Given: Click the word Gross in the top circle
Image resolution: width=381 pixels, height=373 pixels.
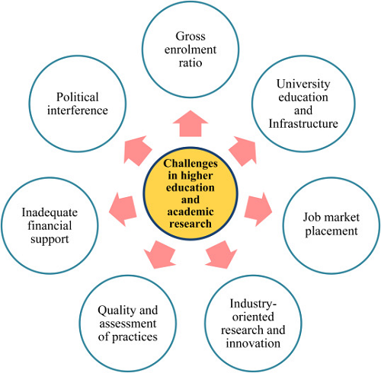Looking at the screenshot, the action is (x=190, y=37).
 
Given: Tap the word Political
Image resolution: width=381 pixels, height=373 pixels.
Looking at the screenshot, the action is (x=78, y=97).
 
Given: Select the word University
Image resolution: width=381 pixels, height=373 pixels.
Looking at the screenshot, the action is (x=303, y=84).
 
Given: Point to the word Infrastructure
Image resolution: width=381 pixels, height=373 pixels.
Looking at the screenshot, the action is (x=303, y=123).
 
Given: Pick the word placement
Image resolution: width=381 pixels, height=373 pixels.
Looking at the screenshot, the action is (x=331, y=231).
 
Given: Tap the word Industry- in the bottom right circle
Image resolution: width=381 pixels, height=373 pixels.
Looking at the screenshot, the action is (x=253, y=304).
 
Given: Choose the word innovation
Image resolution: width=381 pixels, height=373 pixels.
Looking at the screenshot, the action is (x=253, y=343).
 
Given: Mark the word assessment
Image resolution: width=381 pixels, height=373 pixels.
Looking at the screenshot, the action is (x=128, y=324).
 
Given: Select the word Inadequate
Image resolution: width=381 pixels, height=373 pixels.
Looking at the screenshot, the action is (x=50, y=212).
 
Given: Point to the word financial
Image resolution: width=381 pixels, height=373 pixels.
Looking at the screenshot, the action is (x=50, y=225).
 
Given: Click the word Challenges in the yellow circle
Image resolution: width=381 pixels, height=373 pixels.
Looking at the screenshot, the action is (x=190, y=164).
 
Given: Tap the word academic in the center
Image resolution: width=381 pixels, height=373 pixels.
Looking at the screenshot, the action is (x=190, y=212).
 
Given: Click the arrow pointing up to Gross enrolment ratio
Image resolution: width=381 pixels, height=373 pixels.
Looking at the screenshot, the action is (x=190, y=124).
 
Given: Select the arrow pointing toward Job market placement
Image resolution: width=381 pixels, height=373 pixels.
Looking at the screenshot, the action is (x=258, y=209).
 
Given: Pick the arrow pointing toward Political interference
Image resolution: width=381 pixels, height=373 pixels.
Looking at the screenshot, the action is (x=137, y=151).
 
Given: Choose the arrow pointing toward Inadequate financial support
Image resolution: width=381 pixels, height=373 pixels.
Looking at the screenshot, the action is (x=123, y=209).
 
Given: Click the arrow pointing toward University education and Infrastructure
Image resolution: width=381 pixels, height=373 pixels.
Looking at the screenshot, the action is (x=243, y=151).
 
